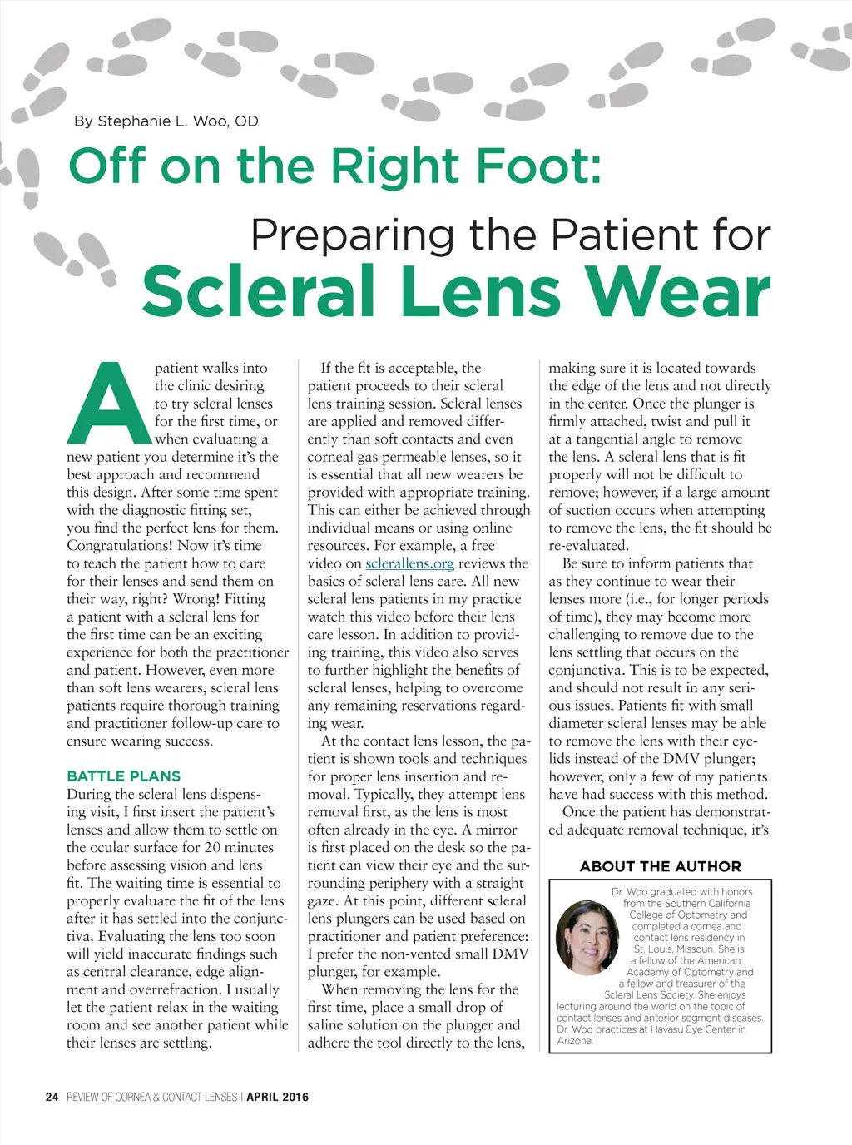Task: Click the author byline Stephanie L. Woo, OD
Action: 166,121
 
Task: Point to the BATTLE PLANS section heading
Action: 123,776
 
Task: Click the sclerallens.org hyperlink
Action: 409,563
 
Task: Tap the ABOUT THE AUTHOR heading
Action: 660,866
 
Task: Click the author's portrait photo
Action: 587,938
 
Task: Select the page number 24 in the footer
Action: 52,1097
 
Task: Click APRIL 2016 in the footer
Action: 277,1097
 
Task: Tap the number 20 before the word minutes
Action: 212,848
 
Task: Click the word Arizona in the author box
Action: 575,1041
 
